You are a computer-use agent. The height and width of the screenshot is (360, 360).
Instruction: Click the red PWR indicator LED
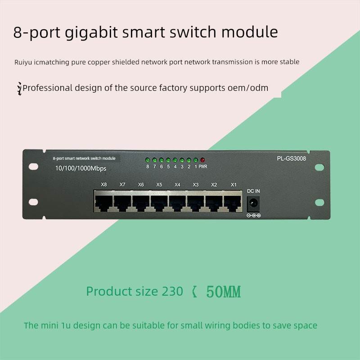pyautogui.click(x=202, y=160)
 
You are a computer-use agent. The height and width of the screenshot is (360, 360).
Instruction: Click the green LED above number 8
pyautogui.click(x=147, y=160)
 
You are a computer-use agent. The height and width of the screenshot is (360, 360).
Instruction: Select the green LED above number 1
pyautogui.click(x=196, y=160)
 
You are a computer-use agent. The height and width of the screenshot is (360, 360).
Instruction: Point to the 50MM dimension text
pyautogui.click(x=224, y=292)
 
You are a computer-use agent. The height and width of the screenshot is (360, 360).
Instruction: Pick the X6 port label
pyautogui.click(x=141, y=184)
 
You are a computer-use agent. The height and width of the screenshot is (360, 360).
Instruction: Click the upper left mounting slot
pyautogui.click(x=33, y=166)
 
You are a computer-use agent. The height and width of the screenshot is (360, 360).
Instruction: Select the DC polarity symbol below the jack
pyautogui.click(x=253, y=216)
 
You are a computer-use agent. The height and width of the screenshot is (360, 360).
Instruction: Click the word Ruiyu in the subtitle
pyautogui.click(x=23, y=62)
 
